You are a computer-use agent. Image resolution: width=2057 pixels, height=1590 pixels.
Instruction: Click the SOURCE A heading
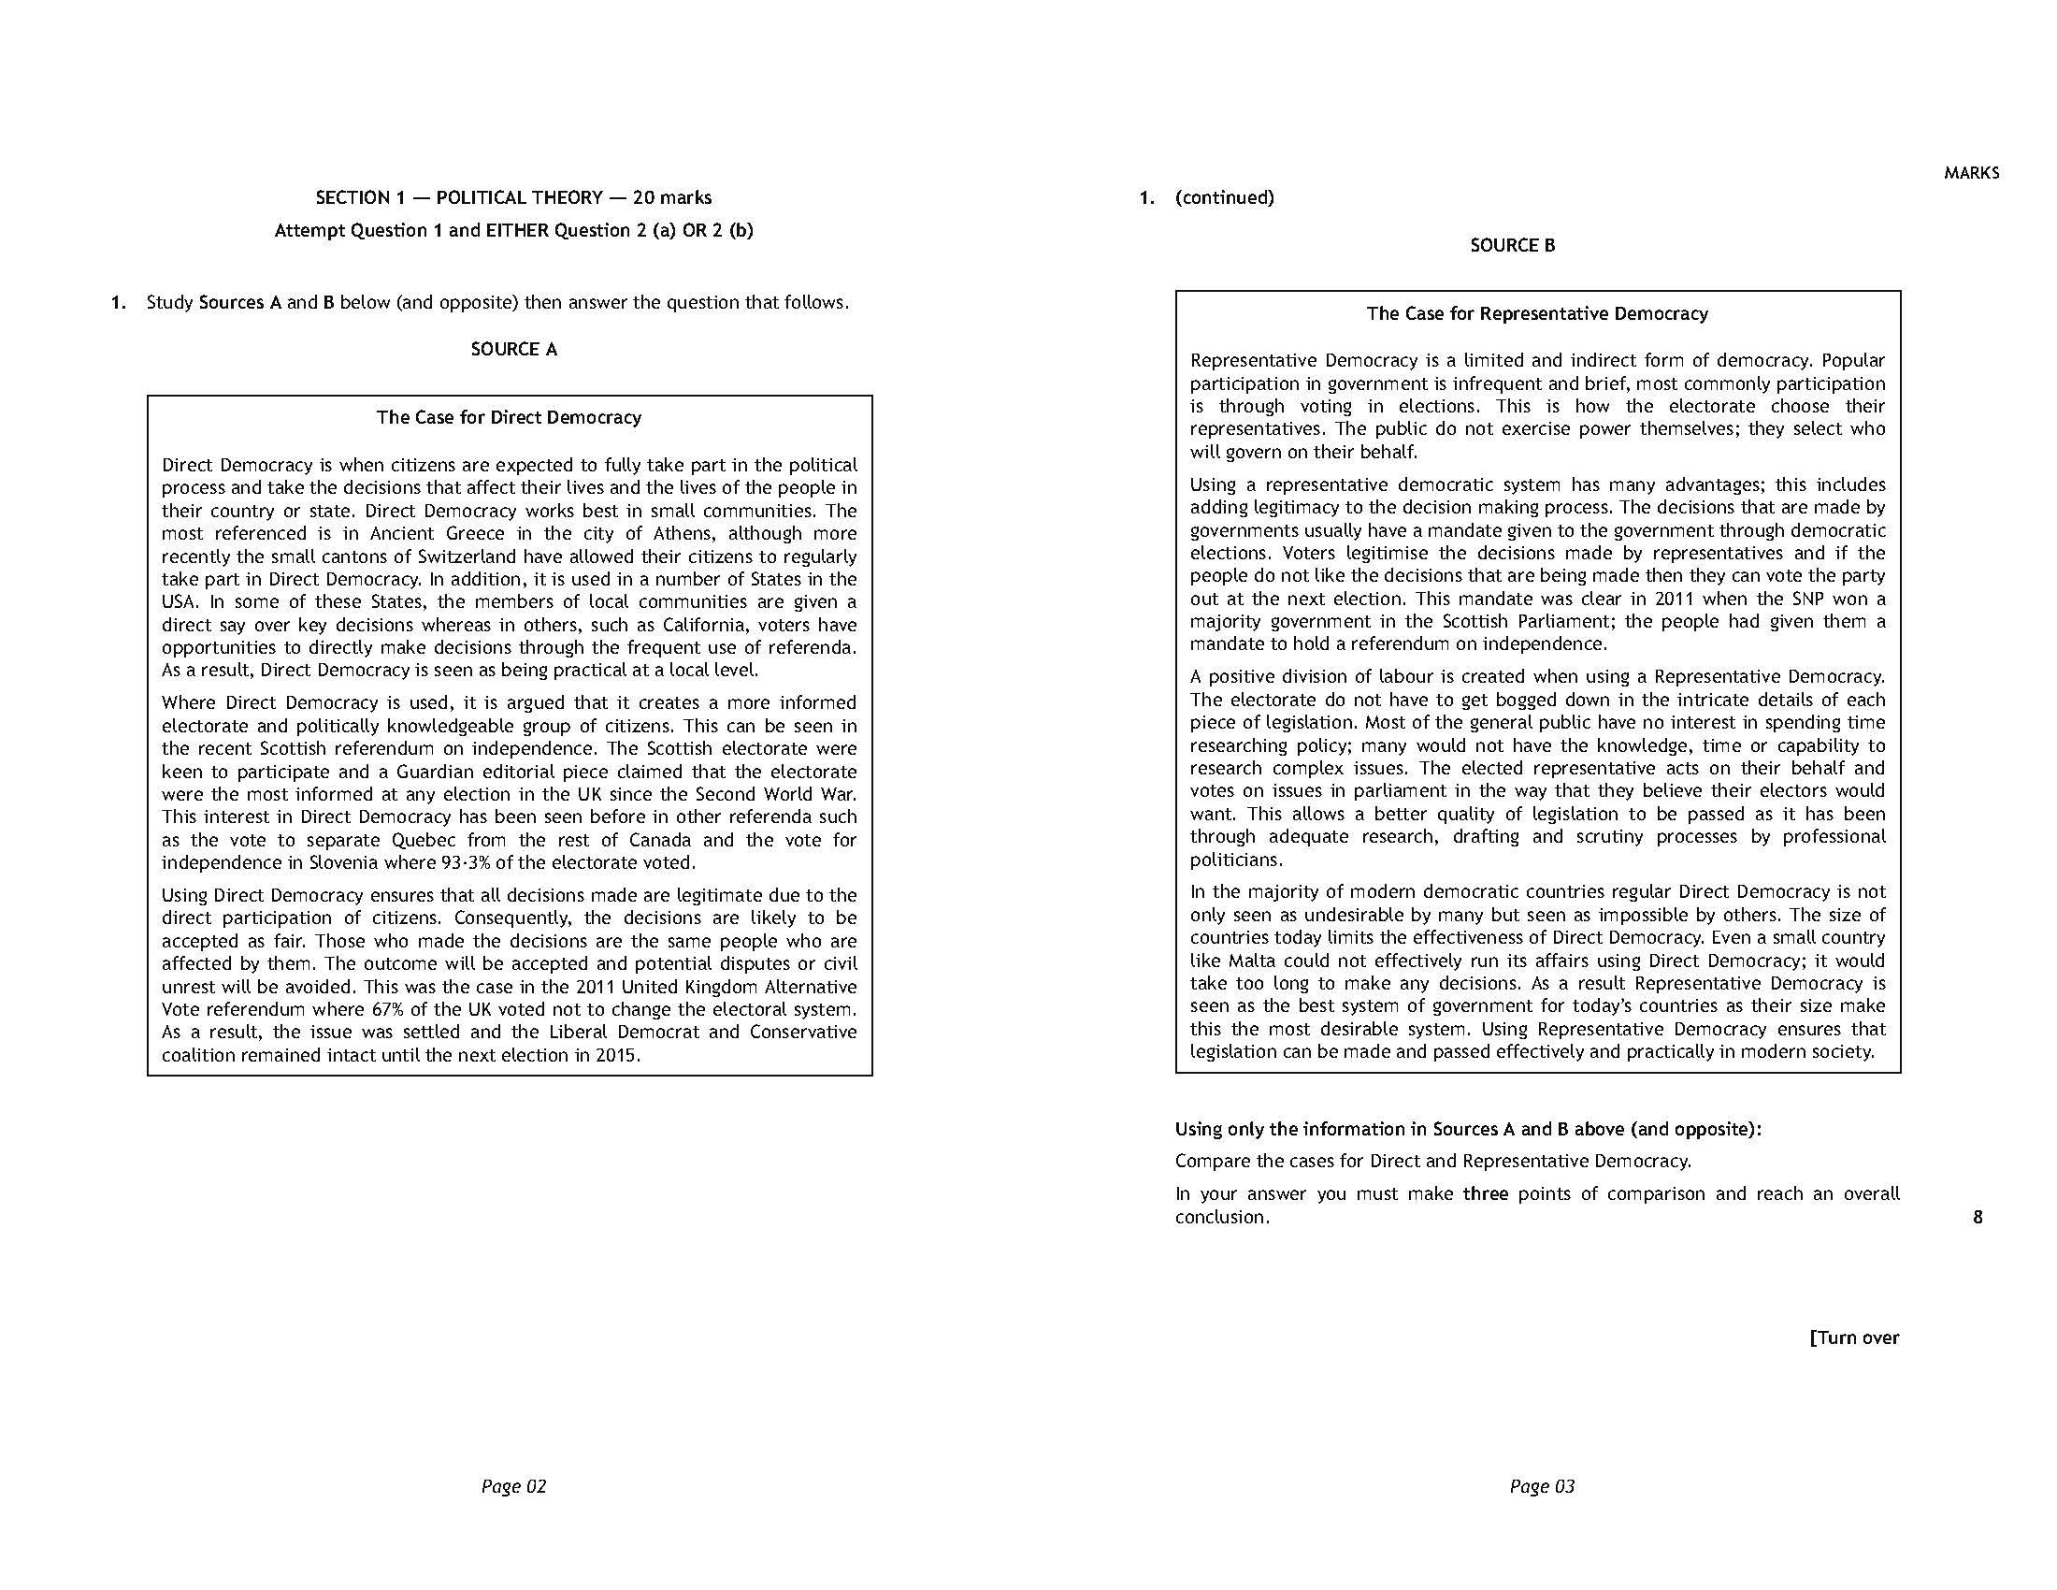[513, 350]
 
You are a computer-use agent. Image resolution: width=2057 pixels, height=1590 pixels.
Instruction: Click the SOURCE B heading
[1513, 246]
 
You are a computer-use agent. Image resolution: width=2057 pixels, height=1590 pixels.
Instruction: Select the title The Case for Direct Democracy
[509, 417]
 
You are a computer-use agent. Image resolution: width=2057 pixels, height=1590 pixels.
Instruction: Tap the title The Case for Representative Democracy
[1537, 313]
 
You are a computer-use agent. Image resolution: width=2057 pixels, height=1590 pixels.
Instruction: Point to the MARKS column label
[1971, 173]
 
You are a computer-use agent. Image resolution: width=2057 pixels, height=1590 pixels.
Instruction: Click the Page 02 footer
[513, 1486]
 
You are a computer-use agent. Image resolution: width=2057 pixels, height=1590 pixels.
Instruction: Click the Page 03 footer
[1542, 1486]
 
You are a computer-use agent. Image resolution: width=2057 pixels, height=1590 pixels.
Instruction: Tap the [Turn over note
[1853, 1337]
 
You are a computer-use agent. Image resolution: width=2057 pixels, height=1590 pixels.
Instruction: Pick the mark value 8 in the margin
[1977, 1217]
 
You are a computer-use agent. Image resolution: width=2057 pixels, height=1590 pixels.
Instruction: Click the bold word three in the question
[1486, 1194]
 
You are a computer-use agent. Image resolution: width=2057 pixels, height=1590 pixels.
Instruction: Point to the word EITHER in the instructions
[517, 231]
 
